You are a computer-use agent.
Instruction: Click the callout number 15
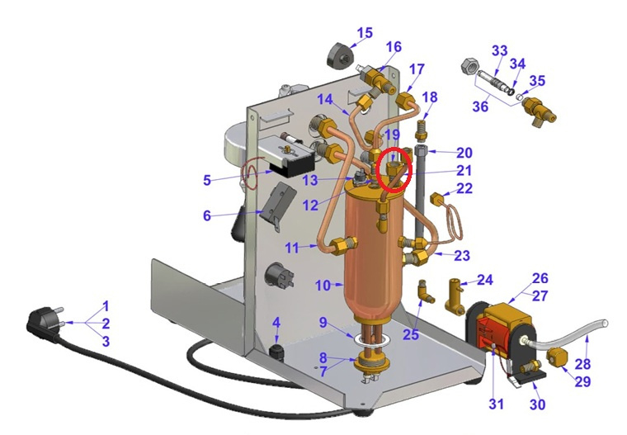pyautogui.click(x=365, y=33)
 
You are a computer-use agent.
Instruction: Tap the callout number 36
pyautogui.click(x=480, y=106)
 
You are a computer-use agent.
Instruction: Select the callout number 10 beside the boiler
pyautogui.click(x=323, y=286)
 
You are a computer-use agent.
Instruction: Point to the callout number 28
pyautogui.click(x=582, y=364)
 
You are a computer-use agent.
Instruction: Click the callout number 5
pyautogui.click(x=207, y=180)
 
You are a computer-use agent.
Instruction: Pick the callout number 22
pyautogui.click(x=464, y=188)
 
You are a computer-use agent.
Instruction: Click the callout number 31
pyautogui.click(x=497, y=404)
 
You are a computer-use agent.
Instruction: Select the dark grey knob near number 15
pyautogui.click(x=341, y=57)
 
